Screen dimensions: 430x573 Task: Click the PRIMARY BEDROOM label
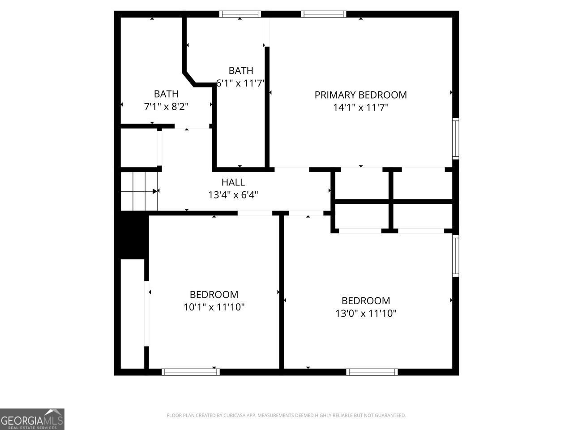click(360, 95)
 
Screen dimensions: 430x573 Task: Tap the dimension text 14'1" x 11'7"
click(360, 107)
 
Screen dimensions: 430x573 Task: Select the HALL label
click(233, 182)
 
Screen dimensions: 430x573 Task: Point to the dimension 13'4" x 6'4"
click(233, 195)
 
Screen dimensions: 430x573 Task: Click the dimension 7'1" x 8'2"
click(166, 107)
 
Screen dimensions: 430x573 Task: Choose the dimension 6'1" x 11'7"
click(241, 83)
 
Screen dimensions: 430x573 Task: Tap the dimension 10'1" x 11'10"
click(214, 307)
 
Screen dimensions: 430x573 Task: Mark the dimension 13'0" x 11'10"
click(366, 313)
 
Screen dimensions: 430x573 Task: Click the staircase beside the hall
click(139, 191)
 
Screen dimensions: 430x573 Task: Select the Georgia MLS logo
click(32, 419)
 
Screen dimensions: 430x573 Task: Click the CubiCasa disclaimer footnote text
click(286, 416)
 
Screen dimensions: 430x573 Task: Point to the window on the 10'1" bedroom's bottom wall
click(191, 372)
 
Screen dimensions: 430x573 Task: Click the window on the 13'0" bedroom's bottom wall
click(372, 372)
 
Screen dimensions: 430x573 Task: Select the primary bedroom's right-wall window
click(455, 138)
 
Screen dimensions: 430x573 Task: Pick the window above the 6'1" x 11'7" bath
click(240, 14)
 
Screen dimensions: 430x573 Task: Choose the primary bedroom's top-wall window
click(324, 14)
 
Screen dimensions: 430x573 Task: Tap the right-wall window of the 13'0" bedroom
click(455, 256)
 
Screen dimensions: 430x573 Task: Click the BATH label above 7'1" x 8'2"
click(166, 94)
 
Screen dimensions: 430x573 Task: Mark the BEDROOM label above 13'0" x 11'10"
click(366, 301)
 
